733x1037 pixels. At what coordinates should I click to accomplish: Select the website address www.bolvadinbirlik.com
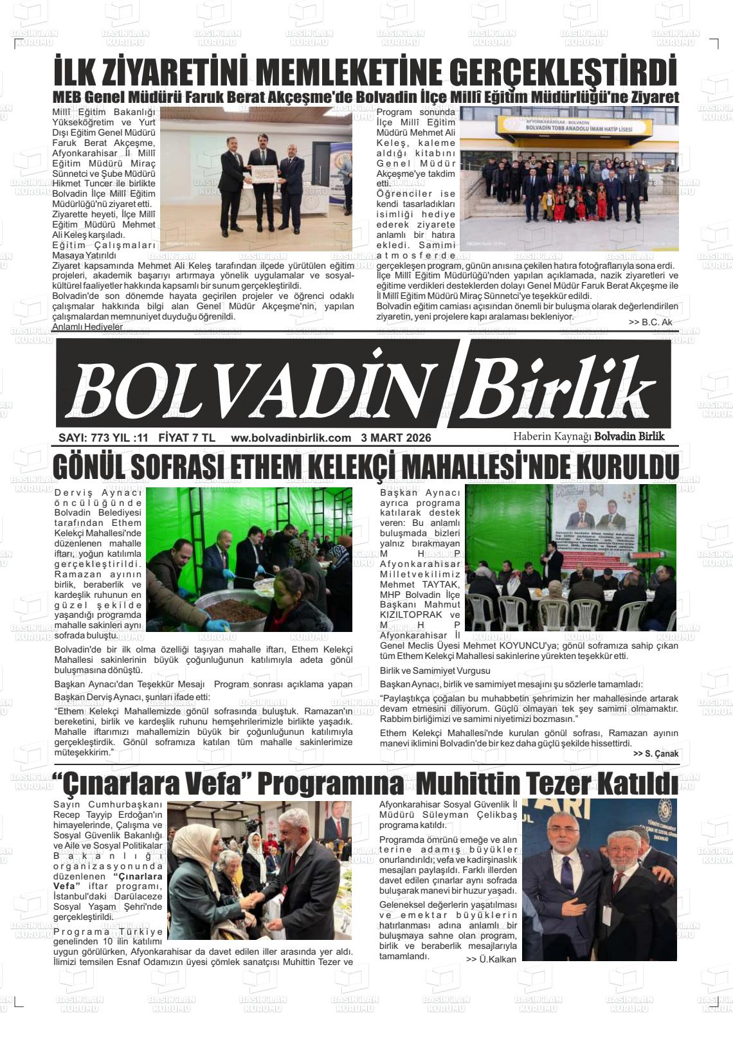(291, 438)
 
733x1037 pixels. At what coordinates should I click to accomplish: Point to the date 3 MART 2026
(396, 438)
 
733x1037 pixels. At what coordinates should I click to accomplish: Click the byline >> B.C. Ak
(650, 322)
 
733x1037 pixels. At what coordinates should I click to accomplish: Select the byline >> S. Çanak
(655, 753)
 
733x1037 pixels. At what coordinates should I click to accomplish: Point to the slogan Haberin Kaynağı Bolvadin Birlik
(588, 437)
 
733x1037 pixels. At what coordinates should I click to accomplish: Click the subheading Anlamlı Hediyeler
(87, 327)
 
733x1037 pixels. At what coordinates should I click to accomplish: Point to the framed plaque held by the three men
(263, 174)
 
